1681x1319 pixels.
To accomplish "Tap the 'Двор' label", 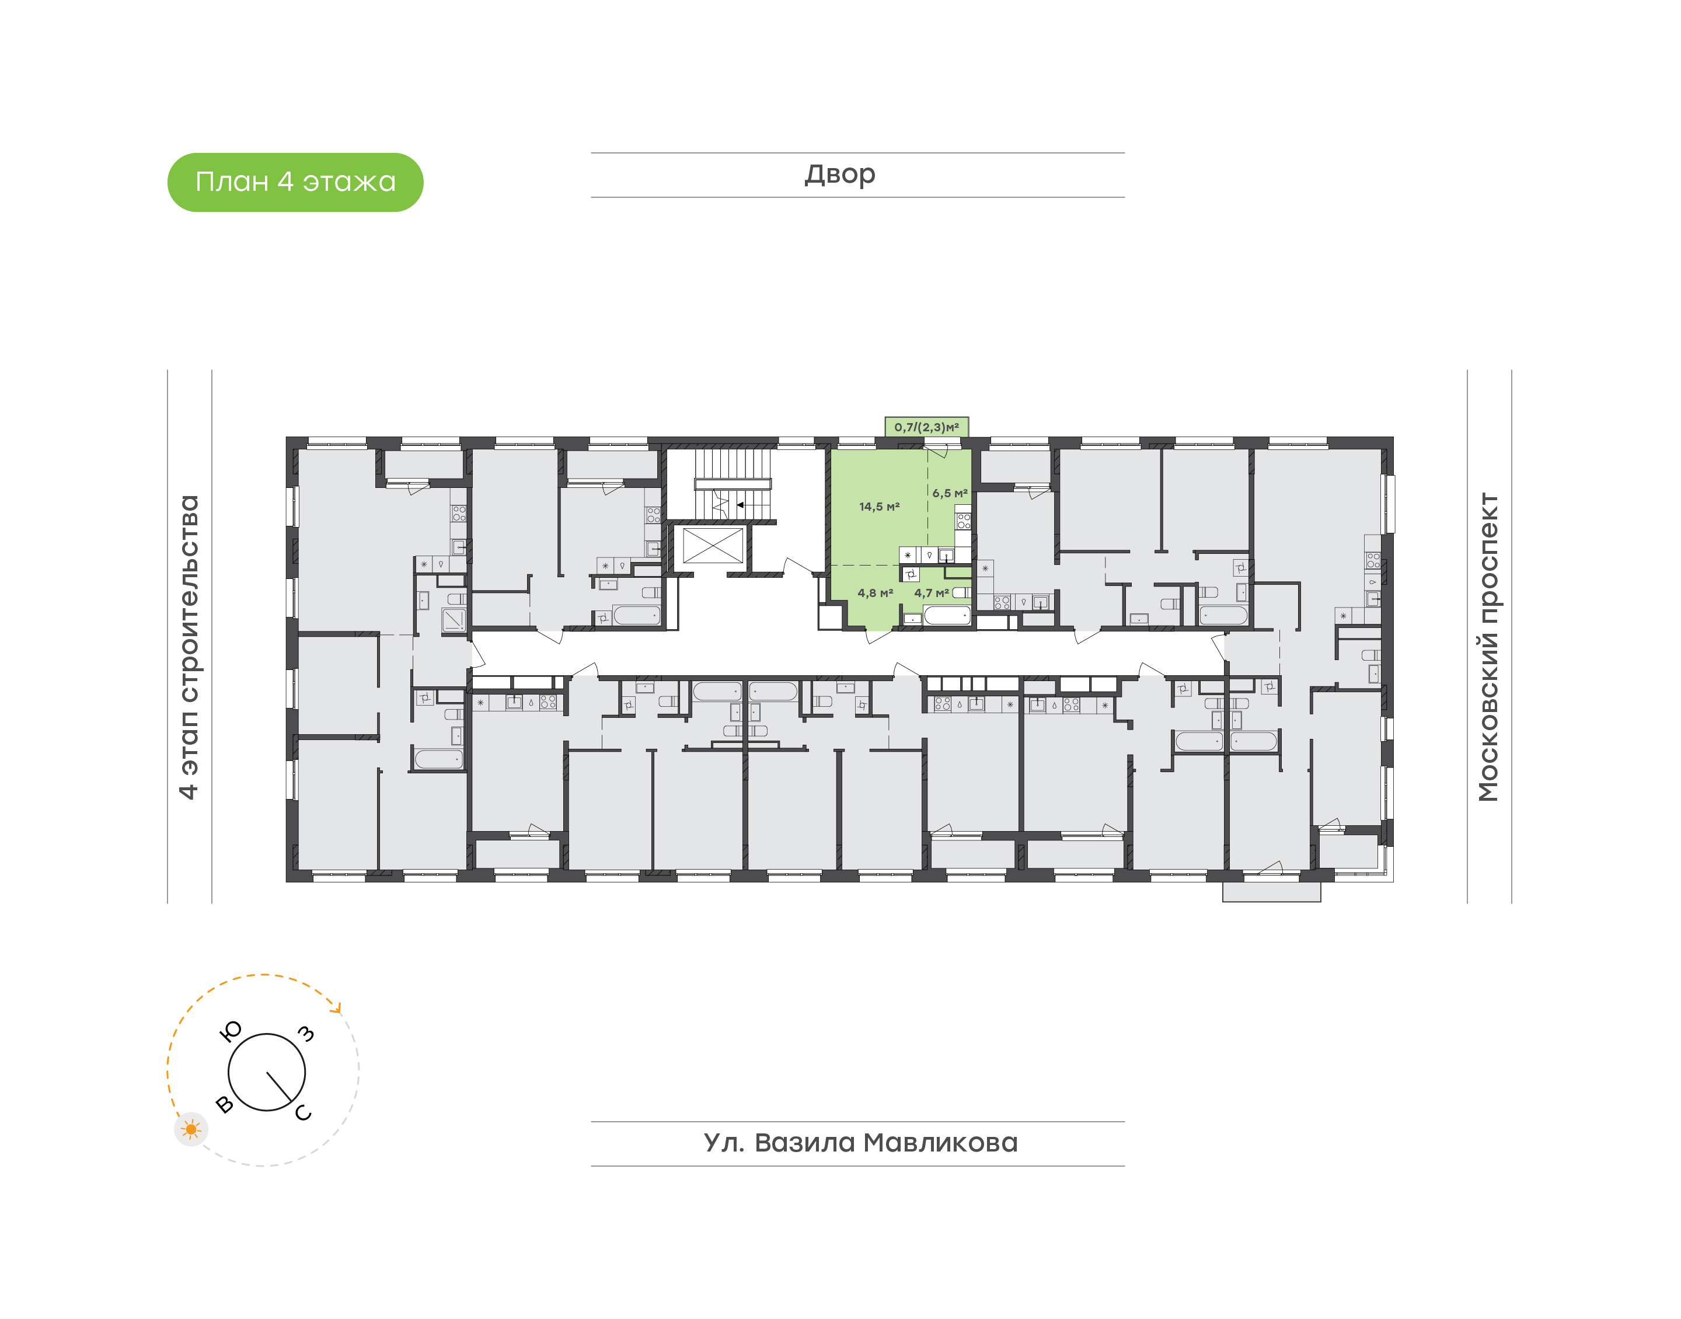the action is pyautogui.click(x=839, y=175).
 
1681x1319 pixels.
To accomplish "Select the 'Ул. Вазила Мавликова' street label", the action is pyautogui.click(x=860, y=1142).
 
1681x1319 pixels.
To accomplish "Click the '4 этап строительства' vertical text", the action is pyautogui.click(x=189, y=647).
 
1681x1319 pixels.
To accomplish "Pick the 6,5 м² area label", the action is pyautogui.click(x=949, y=493).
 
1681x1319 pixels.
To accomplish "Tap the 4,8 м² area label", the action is pyautogui.click(x=875, y=593).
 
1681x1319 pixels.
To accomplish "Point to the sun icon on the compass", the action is pyautogui.click(x=191, y=1130).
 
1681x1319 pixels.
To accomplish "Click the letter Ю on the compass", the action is pyautogui.click(x=231, y=1031).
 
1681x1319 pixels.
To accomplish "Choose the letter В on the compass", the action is pyautogui.click(x=225, y=1104).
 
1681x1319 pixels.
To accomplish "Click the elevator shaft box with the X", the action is pyautogui.click(x=712, y=546).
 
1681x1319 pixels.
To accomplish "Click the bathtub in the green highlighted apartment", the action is pyautogui.click(x=947, y=616).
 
